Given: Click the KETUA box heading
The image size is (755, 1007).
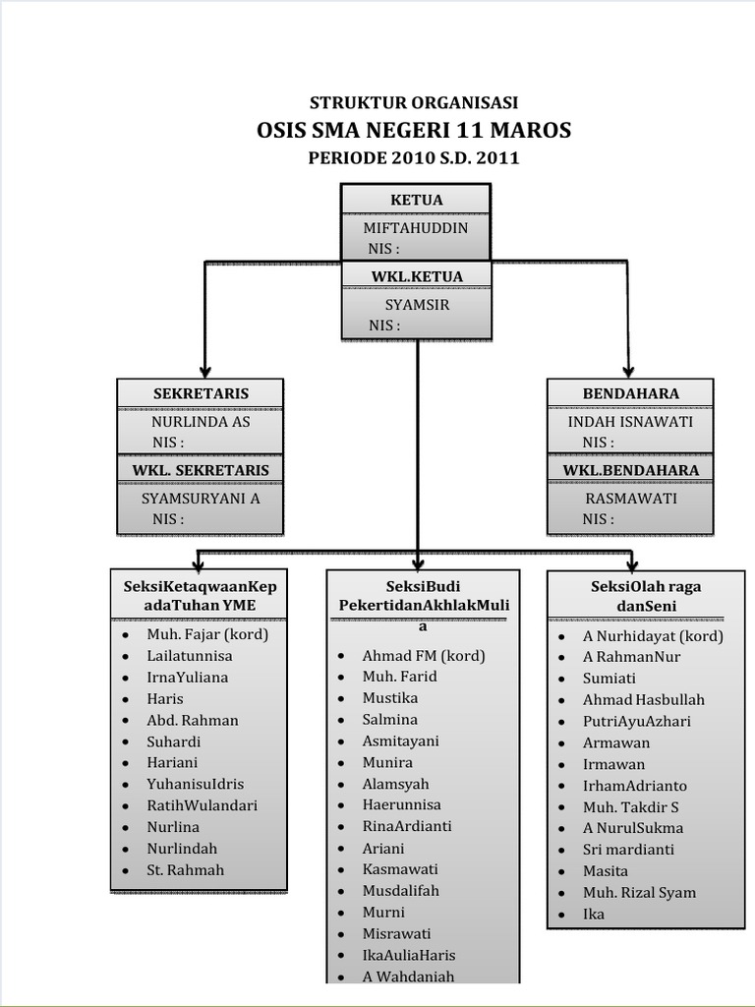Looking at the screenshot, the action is click(x=416, y=200).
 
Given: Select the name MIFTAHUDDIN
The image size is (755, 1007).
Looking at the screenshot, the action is click(x=415, y=228).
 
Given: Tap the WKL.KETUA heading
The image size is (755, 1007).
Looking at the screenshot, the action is click(x=416, y=276).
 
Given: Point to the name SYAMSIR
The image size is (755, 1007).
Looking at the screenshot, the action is click(x=417, y=305).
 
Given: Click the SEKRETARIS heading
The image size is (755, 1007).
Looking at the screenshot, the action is click(x=201, y=393).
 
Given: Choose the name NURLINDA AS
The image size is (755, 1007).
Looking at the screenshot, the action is click(x=201, y=422).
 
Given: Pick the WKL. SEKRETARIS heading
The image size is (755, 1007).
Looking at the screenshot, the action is click(x=201, y=470).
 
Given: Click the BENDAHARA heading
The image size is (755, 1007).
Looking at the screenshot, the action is click(x=630, y=393).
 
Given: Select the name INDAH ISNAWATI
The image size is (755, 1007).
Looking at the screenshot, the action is click(x=630, y=422).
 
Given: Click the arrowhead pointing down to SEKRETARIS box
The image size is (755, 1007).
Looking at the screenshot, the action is click(x=204, y=367).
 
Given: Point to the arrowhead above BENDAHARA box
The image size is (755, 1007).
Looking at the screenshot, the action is click(x=629, y=367).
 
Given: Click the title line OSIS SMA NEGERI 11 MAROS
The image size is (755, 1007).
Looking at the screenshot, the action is click(x=414, y=131).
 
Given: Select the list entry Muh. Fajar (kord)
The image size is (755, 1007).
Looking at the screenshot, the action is click(x=207, y=634).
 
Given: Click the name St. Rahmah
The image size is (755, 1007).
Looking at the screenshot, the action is click(x=186, y=870).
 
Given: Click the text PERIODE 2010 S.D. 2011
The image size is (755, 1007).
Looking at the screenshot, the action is click(x=414, y=158).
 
